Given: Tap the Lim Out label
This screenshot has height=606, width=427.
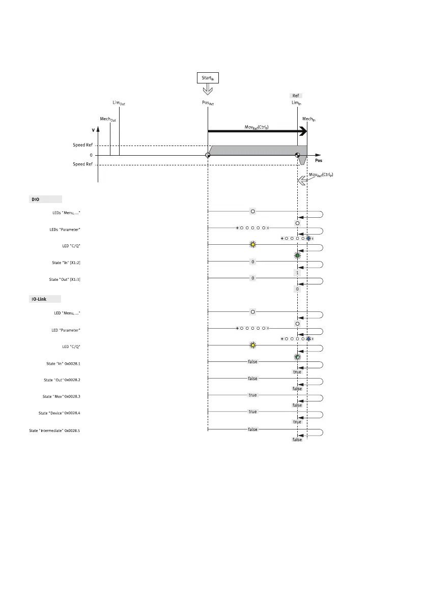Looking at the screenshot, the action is [119, 103].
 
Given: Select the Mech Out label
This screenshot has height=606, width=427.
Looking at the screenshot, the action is [107, 119].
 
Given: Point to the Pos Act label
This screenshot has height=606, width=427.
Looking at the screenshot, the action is [208, 103].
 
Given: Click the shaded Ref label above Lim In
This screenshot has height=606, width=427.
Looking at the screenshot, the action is [296, 96].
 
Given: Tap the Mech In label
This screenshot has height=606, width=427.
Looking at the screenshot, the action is [308, 119].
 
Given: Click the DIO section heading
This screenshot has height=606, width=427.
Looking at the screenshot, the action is [36, 199].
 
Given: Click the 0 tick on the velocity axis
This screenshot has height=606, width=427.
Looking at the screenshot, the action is [91, 155].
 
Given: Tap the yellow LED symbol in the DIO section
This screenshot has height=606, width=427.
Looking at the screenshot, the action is [252, 245].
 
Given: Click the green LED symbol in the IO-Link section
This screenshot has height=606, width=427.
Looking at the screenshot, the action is [297, 356].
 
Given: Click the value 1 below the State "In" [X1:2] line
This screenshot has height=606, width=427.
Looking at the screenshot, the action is [297, 273].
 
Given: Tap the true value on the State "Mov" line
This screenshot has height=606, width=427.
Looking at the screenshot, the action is [252, 395].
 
